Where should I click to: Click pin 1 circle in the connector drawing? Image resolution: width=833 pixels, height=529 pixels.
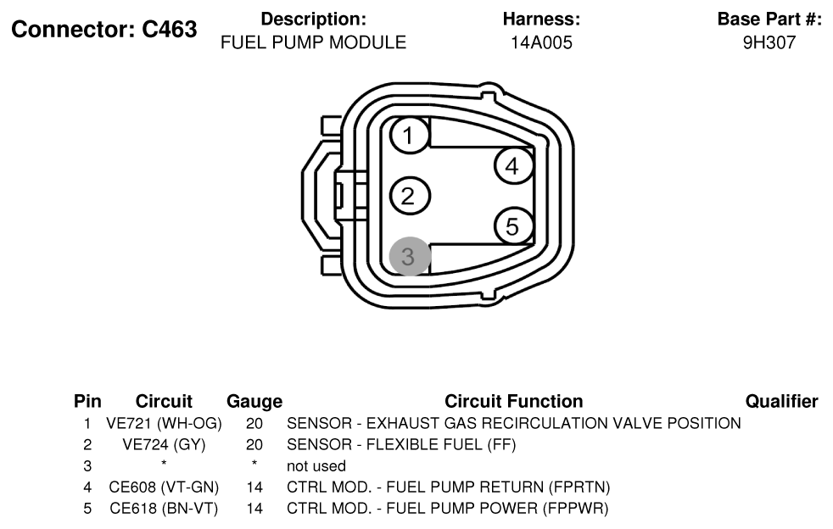409,136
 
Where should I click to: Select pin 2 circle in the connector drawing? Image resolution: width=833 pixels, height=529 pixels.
409,196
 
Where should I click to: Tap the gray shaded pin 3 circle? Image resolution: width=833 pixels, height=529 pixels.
409,257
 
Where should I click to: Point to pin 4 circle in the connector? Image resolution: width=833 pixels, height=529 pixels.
513,165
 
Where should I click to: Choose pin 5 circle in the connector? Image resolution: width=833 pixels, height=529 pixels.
513,226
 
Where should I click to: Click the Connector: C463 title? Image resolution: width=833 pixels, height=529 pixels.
104,29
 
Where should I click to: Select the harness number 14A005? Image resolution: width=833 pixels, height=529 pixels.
541,42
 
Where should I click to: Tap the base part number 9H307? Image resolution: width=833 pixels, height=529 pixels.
769,42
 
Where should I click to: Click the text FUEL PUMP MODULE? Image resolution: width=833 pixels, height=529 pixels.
314,42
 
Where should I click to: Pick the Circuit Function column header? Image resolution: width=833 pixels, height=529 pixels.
514,401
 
